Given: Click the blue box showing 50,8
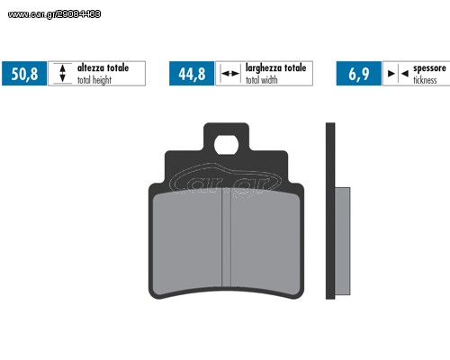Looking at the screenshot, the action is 24,74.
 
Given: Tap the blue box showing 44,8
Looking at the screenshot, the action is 192,74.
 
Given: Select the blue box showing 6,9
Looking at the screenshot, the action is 359,74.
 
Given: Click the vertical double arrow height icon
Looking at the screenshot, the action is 62,73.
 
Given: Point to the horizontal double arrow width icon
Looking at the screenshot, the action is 230,74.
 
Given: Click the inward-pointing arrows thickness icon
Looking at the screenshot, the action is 398,74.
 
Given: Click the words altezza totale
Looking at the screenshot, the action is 103,67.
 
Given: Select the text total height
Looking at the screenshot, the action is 94,80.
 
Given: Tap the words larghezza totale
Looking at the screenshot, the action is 275,67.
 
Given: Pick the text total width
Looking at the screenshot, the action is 261,80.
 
